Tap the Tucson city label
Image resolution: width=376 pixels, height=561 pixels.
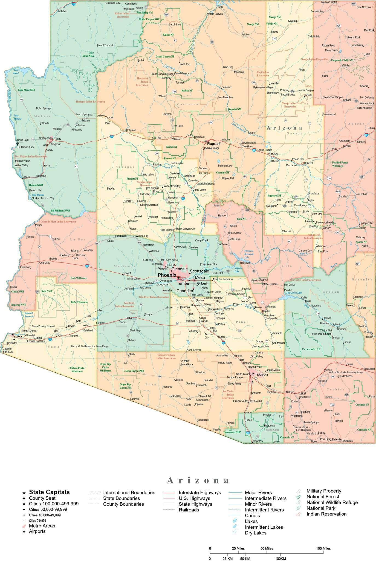click(261, 374)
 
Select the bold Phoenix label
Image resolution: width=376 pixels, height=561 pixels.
click(167, 275)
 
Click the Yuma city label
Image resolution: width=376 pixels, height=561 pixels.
click(18, 337)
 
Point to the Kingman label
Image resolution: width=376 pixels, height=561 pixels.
click(56, 144)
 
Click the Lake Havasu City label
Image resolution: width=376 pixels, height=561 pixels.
click(44, 198)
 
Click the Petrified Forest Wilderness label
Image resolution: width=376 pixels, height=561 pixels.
click(340, 164)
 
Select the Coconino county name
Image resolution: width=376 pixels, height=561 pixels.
click(187, 104)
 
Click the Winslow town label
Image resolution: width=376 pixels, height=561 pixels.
click(273, 154)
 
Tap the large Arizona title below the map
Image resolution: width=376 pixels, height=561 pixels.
click(198, 480)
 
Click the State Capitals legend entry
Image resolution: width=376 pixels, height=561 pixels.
click(49, 492)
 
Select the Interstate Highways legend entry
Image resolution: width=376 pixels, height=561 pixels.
click(200, 493)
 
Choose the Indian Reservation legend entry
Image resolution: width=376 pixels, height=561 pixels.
click(326, 514)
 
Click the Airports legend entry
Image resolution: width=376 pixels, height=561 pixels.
click(37, 531)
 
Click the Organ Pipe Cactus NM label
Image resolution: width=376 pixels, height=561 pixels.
click(126, 386)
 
